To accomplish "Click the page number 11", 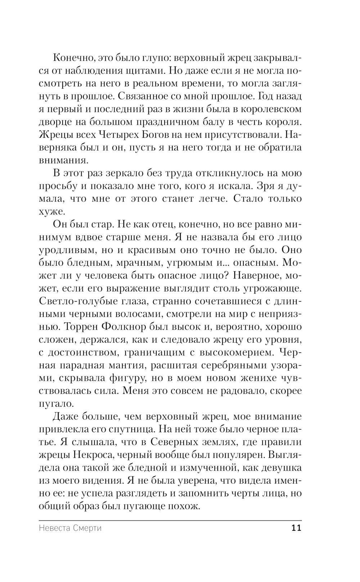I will pyautogui.click(x=296, y=528).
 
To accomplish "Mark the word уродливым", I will pyautogui.click(x=71, y=250).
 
